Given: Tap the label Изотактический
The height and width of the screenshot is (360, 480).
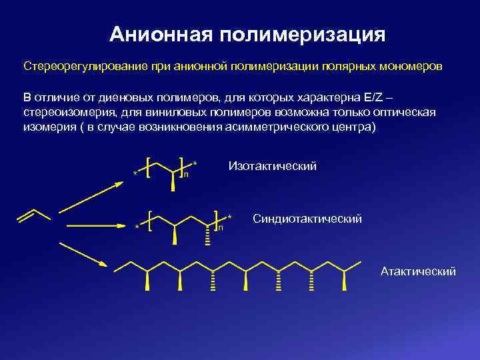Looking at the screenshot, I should pos(272,165).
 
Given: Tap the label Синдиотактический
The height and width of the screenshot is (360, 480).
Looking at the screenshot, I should pos(307,218).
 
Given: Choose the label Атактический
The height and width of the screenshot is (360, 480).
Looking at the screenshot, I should pos(418,271).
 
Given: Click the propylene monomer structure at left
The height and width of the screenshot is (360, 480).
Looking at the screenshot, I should pos(33,215).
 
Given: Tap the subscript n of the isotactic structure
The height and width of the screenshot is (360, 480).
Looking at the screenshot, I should pos(185,175).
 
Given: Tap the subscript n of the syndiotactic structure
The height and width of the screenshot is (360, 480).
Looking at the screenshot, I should pos(221,227).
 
